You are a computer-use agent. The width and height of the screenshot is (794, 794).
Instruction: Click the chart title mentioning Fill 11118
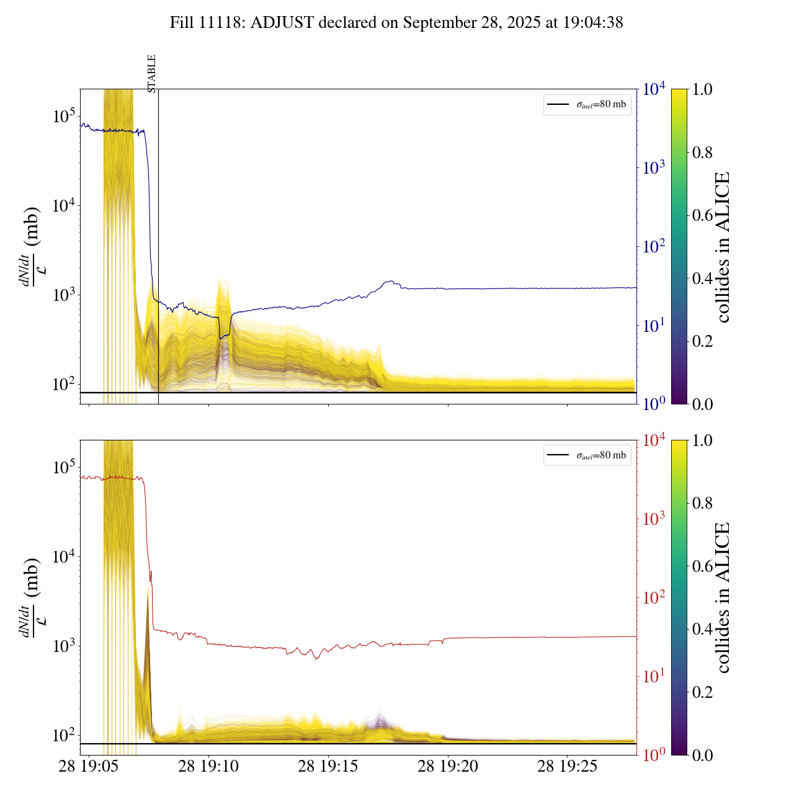pos(396,23)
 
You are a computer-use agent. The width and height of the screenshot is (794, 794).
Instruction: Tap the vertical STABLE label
pos(152,73)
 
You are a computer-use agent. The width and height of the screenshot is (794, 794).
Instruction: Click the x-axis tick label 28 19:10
pos(208,767)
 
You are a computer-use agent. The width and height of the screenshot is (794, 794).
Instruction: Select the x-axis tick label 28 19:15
pos(328,767)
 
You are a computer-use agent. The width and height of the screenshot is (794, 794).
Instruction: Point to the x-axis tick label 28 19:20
pos(448,767)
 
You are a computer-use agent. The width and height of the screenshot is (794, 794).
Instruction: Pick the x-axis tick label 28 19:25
pos(567,767)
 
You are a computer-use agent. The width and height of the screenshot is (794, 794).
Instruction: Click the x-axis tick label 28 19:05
pos(89,767)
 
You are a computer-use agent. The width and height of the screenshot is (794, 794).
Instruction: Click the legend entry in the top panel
pos(587,104)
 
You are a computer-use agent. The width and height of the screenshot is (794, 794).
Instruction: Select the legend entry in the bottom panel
pos(587,455)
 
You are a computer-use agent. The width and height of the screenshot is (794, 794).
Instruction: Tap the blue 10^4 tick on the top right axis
pos(654,89)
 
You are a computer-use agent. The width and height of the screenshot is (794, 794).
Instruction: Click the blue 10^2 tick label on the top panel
pos(654,247)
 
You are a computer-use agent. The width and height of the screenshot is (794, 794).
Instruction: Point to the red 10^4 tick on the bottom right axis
pos(654,440)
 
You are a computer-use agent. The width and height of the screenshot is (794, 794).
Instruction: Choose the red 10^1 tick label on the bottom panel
pos(654,676)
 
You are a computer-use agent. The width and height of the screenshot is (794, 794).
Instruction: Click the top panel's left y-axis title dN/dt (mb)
pos(31,246)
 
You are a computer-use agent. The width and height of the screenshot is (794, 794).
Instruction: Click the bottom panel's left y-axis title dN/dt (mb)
pos(31,597)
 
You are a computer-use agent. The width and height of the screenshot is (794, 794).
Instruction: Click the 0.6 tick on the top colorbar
pos(702,215)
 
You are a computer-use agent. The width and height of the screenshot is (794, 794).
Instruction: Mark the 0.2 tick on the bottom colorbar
pos(702,692)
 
